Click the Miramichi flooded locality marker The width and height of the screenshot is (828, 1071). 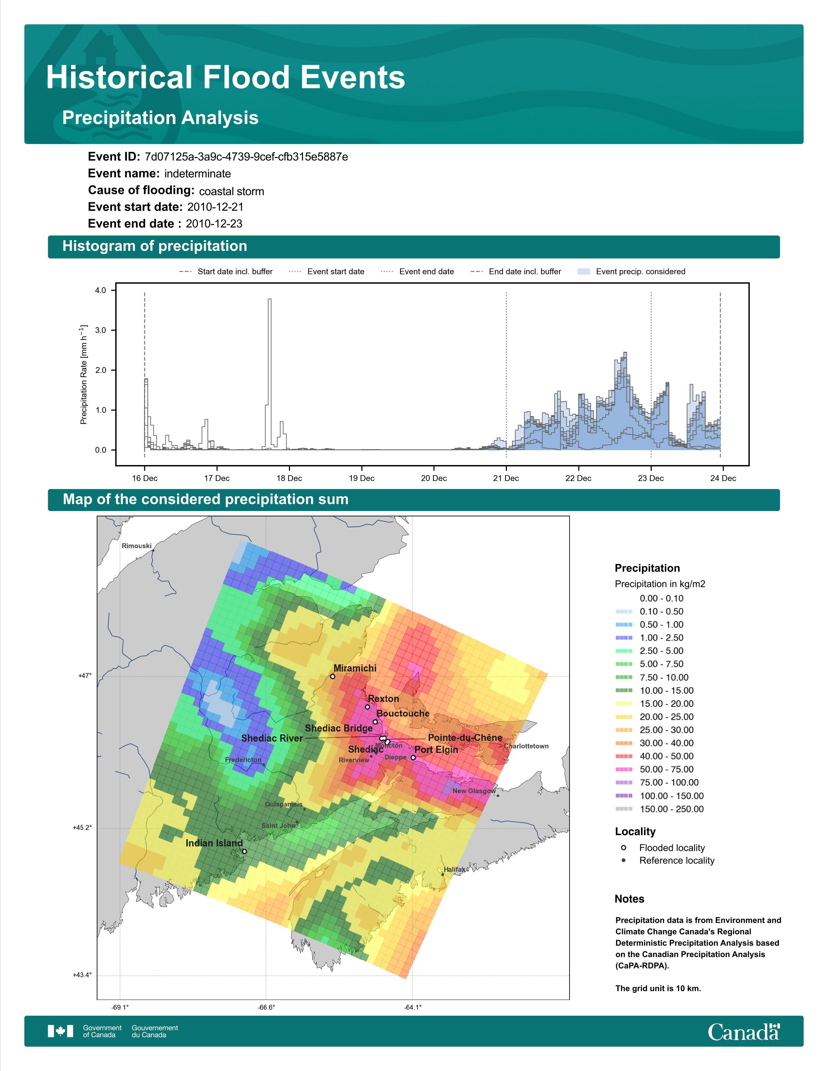click(x=332, y=676)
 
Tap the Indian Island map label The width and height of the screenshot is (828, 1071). click(x=214, y=843)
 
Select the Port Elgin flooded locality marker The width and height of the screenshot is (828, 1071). click(x=413, y=757)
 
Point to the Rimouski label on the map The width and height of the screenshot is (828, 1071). click(x=136, y=546)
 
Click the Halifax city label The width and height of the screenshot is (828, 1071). click(x=455, y=869)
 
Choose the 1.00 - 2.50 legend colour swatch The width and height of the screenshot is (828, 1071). click(x=623, y=637)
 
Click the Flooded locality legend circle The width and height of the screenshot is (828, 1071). click(x=623, y=847)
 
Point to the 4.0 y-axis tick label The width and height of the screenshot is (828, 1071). click(x=101, y=290)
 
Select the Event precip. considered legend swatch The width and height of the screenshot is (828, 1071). click(x=584, y=271)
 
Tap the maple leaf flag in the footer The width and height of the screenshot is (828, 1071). click(x=60, y=1031)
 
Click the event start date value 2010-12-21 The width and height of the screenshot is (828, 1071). click(x=215, y=207)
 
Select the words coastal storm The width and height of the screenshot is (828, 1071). click(x=232, y=191)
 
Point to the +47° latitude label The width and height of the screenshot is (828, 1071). click(x=85, y=676)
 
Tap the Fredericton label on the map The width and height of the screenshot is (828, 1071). click(x=243, y=760)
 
